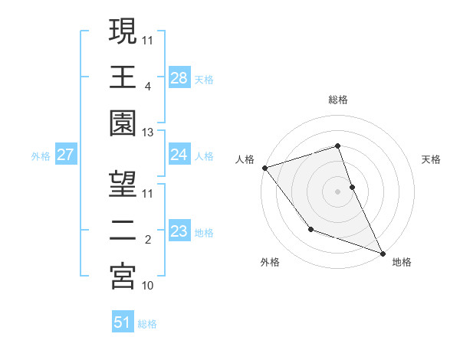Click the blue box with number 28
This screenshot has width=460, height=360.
point(179,77)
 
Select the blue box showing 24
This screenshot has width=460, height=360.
point(179,155)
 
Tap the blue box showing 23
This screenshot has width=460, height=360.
point(179,231)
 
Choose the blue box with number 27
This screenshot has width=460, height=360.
point(66,155)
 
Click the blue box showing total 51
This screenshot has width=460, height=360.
point(123,322)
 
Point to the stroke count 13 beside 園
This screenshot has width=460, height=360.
point(148,133)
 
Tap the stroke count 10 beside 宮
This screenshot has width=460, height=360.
point(148,286)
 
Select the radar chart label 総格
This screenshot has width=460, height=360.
point(338,100)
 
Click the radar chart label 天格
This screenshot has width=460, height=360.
point(431,159)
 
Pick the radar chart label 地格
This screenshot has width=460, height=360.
point(401,262)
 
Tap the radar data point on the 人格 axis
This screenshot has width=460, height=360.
point(264,168)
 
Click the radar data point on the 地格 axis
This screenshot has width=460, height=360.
point(383,253)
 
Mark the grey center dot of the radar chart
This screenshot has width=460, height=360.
point(338,191)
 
